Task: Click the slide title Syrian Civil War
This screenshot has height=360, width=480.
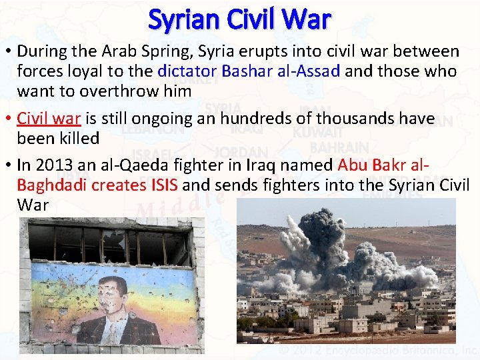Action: (239, 19)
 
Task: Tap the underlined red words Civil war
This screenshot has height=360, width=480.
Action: (49, 119)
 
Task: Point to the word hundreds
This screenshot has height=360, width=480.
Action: (254, 119)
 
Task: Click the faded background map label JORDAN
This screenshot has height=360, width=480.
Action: (241, 153)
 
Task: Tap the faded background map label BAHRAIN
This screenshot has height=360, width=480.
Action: (340, 147)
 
